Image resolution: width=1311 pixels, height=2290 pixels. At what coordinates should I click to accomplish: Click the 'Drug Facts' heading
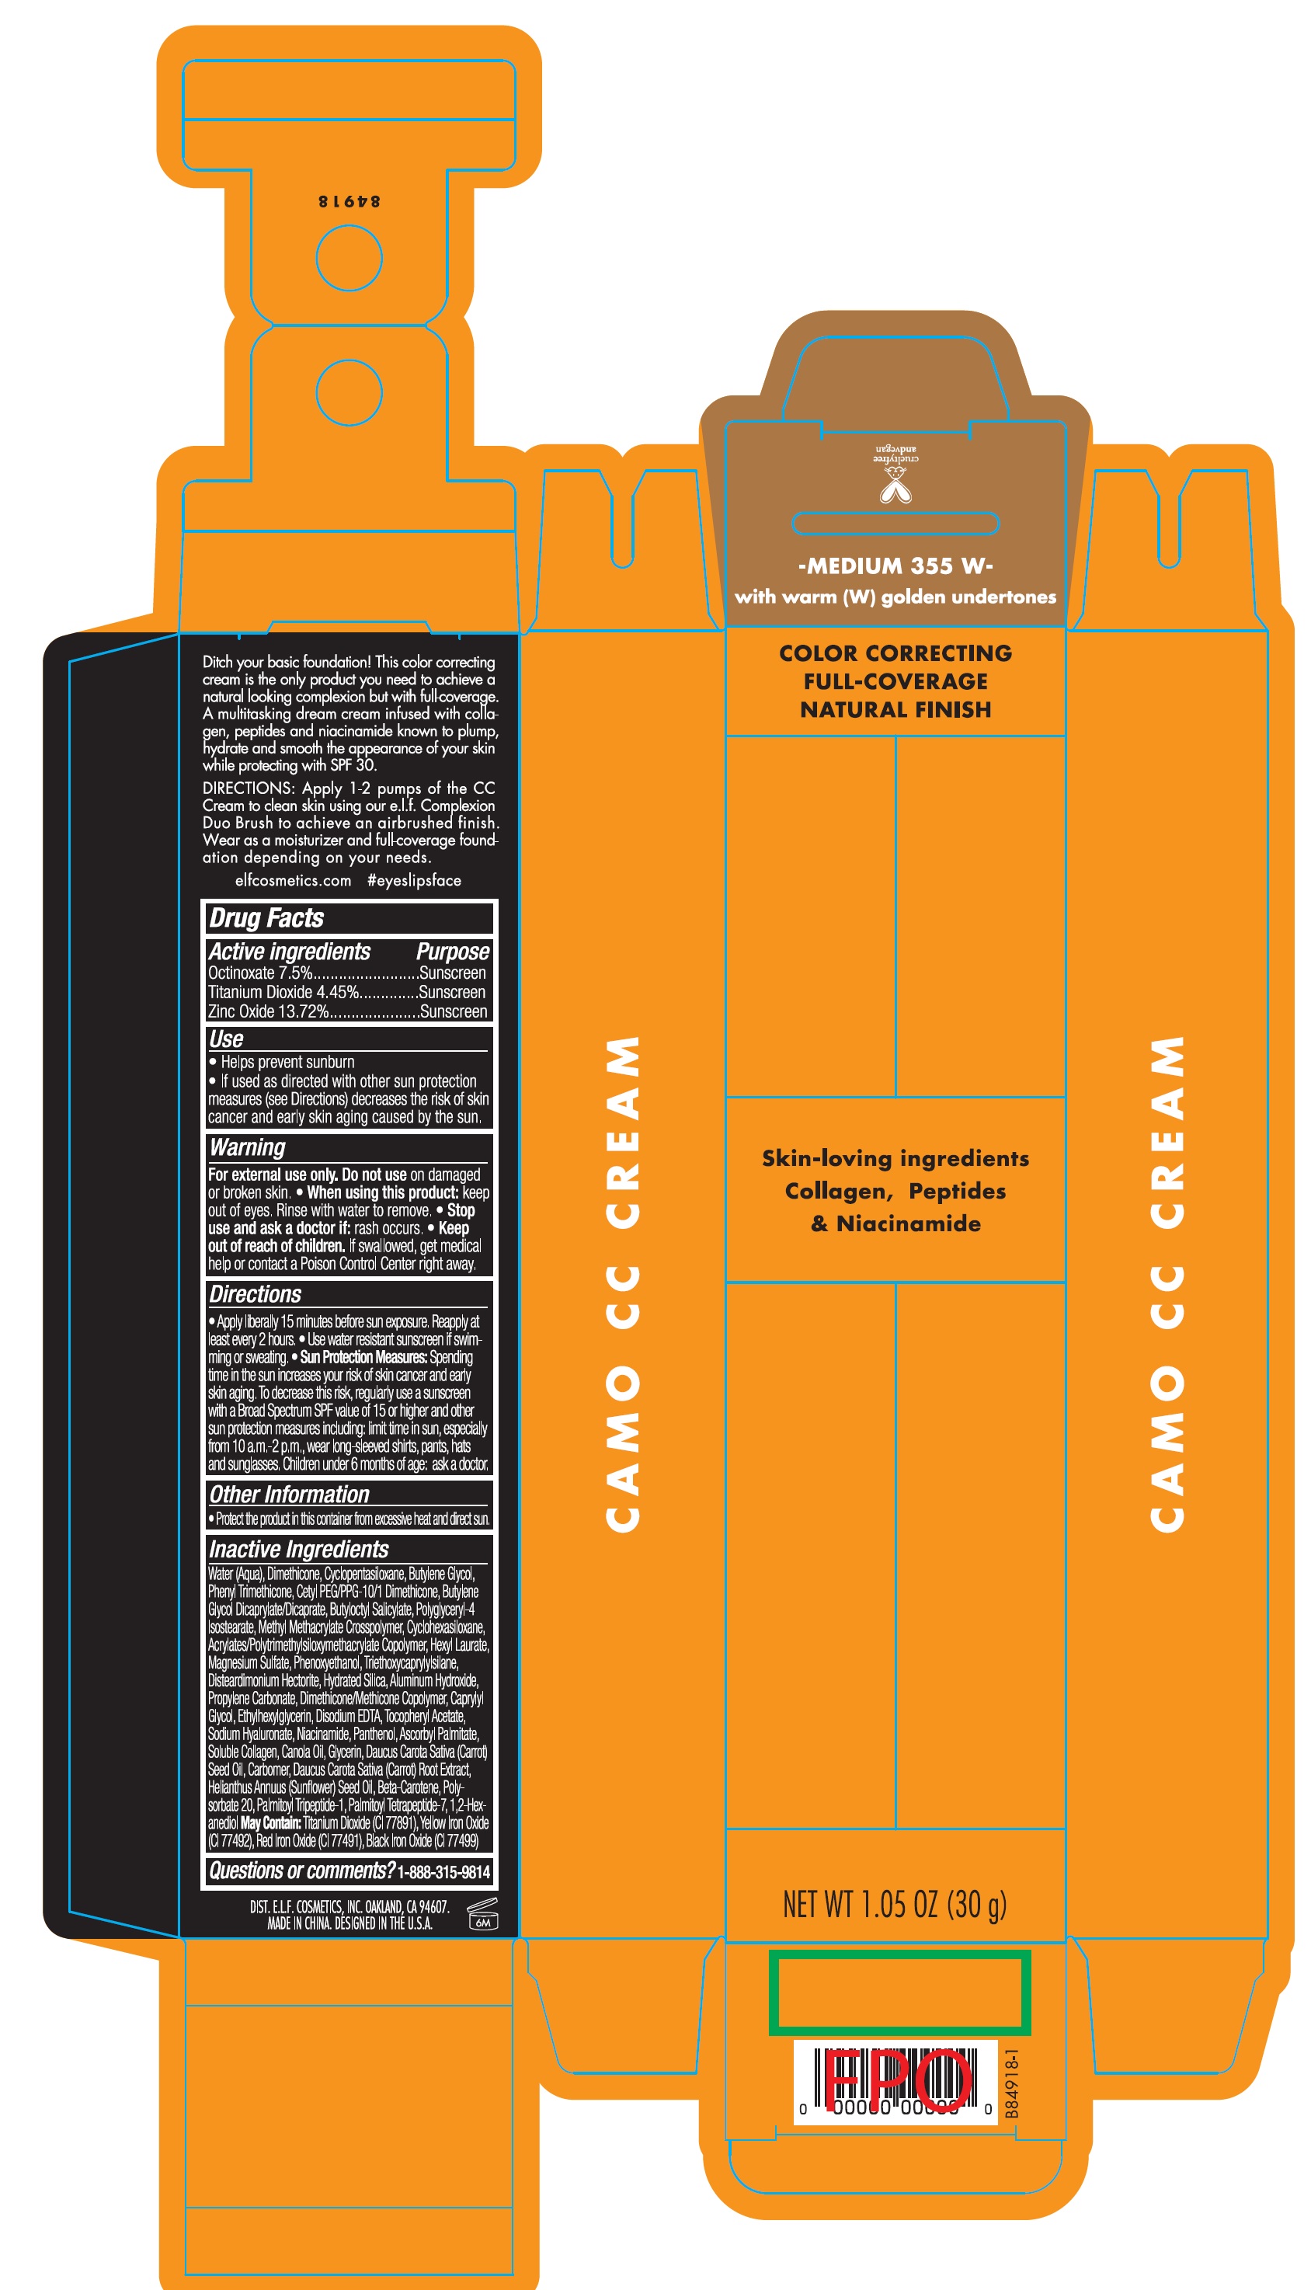266,917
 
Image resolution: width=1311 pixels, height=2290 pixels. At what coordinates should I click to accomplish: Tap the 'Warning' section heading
248,1147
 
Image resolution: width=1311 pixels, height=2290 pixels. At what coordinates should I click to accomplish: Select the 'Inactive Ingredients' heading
299,1549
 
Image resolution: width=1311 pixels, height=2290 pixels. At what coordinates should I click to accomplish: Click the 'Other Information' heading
289,1495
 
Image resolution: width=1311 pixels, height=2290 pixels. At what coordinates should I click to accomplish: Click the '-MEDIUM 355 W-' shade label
895,566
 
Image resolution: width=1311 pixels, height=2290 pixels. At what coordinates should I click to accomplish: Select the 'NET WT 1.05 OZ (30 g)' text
894,1905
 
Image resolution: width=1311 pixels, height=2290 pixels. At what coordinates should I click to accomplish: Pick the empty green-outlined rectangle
899,1992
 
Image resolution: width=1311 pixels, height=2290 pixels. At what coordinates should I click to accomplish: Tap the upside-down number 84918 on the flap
349,201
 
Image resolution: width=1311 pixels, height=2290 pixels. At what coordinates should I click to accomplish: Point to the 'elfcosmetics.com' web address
293,881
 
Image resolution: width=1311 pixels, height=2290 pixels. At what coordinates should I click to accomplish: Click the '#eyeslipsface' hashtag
414,881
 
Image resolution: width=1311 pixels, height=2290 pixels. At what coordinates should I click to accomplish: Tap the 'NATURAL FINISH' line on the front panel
895,709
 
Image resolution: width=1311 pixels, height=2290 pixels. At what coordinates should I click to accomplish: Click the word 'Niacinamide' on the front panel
909,1223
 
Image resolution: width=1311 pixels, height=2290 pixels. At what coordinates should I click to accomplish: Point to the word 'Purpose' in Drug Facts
453,952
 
